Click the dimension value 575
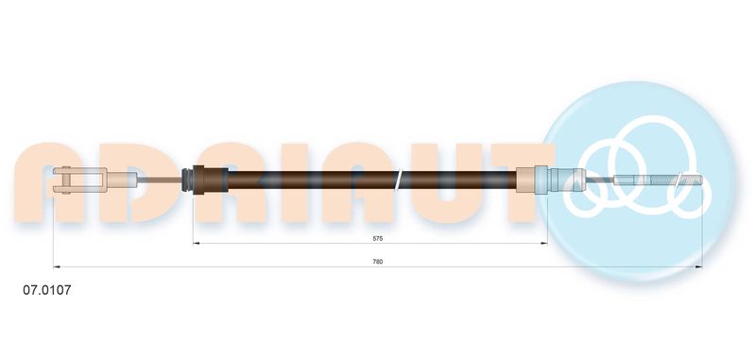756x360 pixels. click(377, 238)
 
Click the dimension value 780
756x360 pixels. click(377, 262)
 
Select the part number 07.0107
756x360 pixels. click(46, 290)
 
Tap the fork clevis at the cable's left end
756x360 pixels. click(80, 180)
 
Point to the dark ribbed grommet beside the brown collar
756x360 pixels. click(187, 180)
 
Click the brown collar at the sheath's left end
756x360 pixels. click(210, 180)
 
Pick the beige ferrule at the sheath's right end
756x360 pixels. click(526, 180)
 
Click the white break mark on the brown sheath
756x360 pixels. click(398, 180)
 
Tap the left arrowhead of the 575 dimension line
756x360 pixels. click(196, 244)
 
